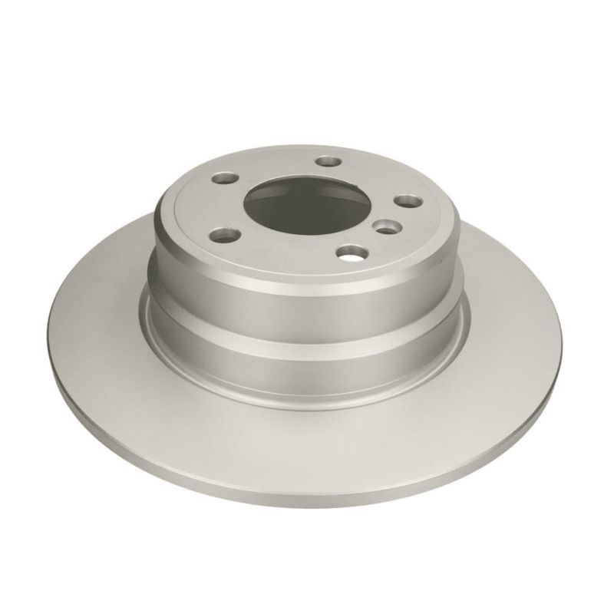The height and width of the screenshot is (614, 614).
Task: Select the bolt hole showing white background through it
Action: coord(352,253)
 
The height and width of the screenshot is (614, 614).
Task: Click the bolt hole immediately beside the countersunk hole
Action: coord(404,200)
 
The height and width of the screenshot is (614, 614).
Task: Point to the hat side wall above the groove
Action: coord(307,295)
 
